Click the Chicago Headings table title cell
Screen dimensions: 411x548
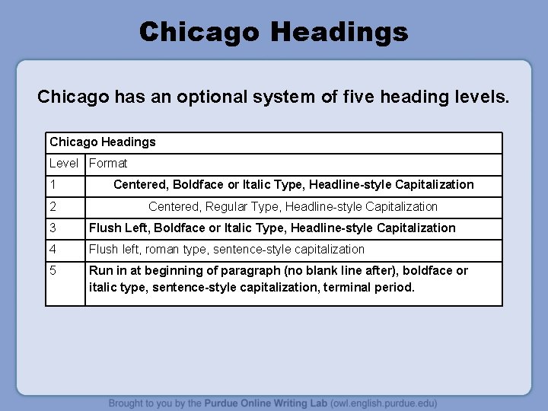[103, 142]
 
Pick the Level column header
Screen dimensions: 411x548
[64, 163]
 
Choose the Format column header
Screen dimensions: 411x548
[108, 163]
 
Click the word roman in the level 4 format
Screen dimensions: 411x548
[162, 249]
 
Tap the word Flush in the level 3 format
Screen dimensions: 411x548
[104, 228]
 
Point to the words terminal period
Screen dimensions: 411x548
[372, 288]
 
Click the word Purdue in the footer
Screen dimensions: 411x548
[228, 403]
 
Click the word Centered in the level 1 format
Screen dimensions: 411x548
[141, 185]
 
